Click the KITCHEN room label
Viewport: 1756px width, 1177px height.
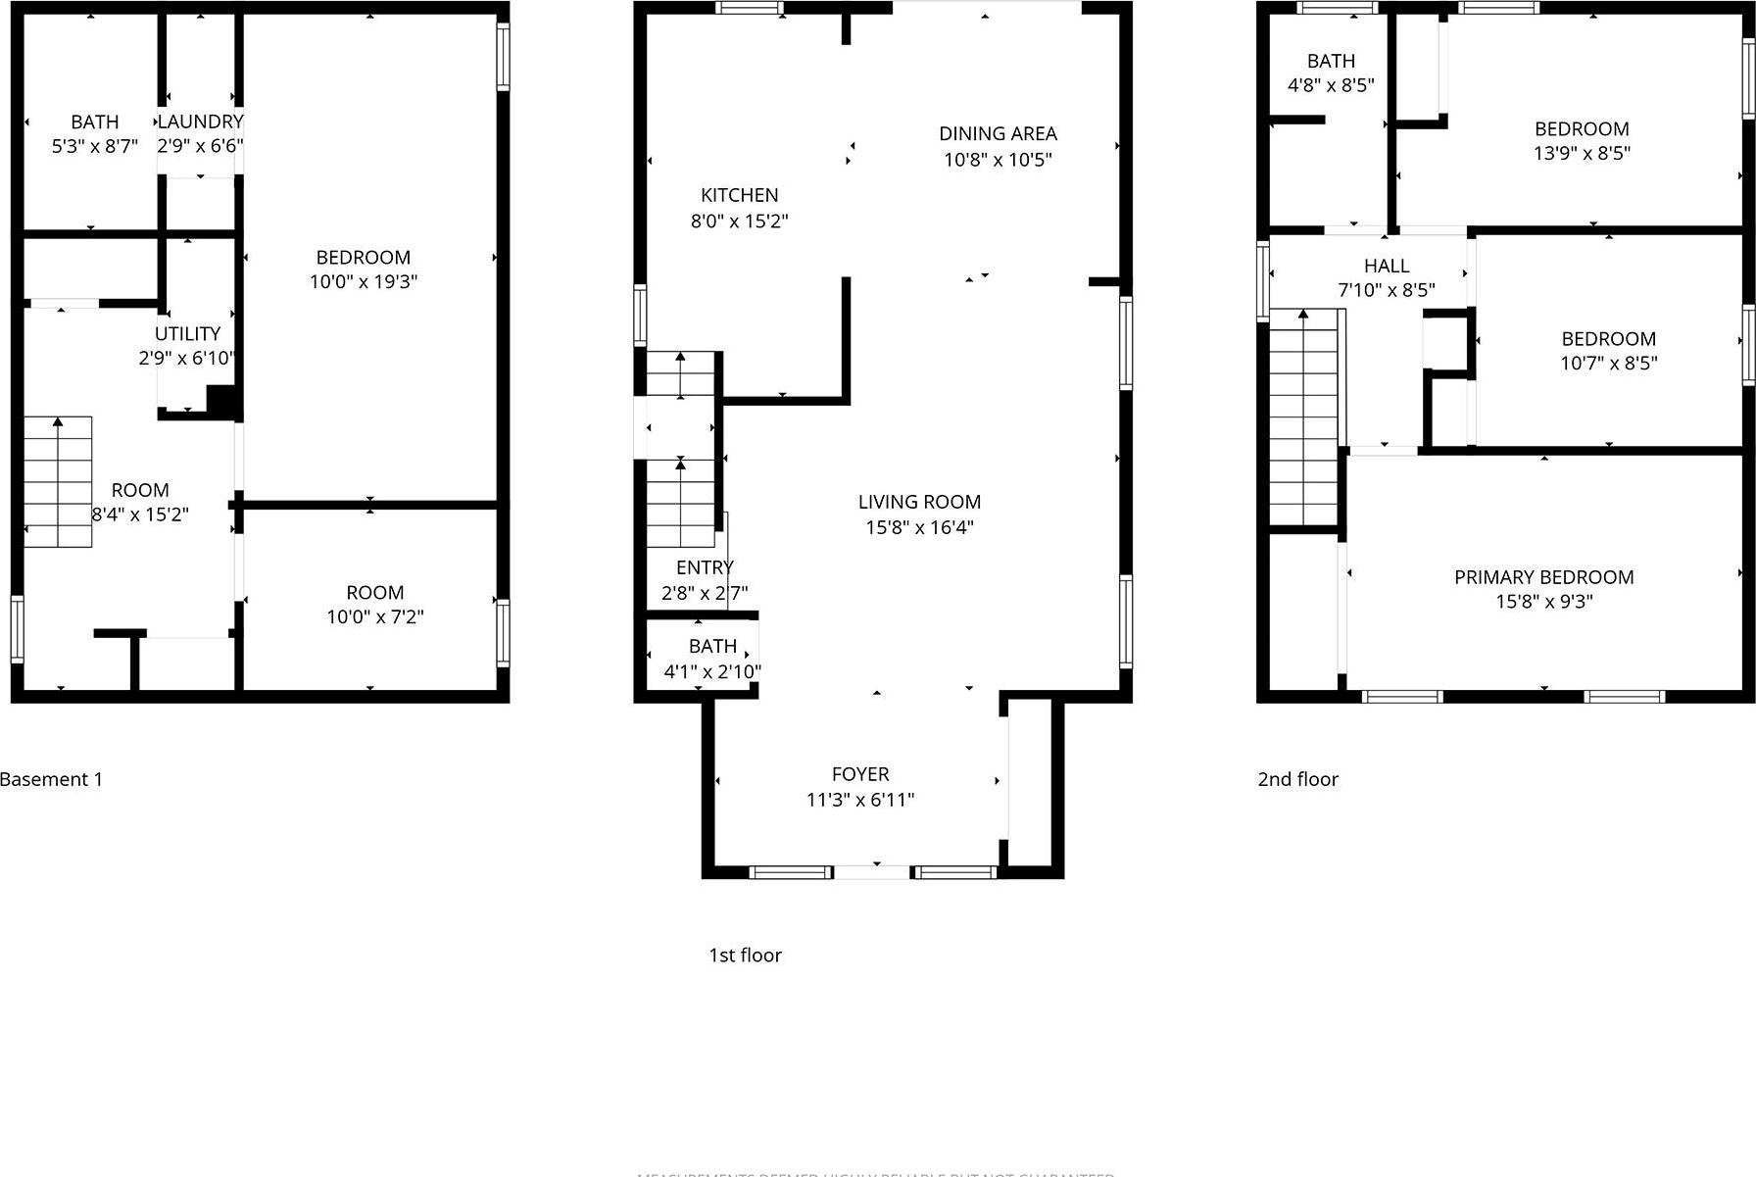[739, 195]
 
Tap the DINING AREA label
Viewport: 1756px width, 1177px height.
[998, 133]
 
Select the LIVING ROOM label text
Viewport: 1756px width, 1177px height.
[919, 502]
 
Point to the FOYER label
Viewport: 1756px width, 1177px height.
[860, 774]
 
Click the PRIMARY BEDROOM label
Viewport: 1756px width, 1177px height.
[1543, 577]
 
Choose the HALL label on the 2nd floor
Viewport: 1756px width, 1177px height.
[1387, 266]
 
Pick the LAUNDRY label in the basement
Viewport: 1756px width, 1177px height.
[200, 122]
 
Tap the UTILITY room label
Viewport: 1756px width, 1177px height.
[187, 333]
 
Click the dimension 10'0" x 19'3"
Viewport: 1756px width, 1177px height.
[364, 282]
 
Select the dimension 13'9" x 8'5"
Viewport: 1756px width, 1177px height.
[1582, 154]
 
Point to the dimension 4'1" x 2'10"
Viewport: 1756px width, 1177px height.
[712, 672]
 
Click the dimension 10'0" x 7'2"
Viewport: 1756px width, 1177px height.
[375, 617]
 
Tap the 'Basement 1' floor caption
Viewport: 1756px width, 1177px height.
[51, 780]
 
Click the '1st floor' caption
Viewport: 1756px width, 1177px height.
[745, 956]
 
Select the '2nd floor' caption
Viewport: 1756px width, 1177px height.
[1297, 780]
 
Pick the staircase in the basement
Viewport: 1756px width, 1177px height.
[58, 481]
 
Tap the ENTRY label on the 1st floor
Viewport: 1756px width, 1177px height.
[705, 567]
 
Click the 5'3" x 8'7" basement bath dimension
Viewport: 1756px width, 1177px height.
[95, 147]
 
